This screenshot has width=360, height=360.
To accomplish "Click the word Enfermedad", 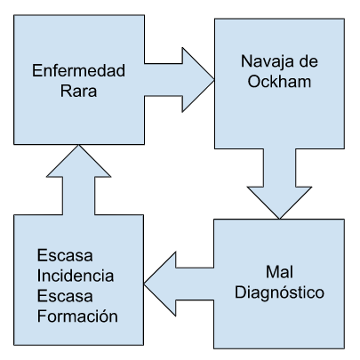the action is click(78, 70).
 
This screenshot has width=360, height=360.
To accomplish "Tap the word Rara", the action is click(78, 91).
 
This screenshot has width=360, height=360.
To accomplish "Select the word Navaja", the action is click(265, 62).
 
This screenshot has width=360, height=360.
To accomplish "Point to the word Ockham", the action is click(279, 81).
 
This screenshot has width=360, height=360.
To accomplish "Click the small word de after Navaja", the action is click(308, 61).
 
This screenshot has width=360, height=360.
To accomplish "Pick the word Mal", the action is click(279, 272).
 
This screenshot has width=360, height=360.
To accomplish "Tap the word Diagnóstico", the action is click(279, 292).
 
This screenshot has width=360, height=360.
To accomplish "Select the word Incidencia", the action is click(76, 276).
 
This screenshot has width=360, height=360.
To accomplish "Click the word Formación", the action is click(77, 316).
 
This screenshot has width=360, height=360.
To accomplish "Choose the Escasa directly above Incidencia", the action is click(65, 255).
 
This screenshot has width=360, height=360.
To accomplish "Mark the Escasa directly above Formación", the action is click(65, 296).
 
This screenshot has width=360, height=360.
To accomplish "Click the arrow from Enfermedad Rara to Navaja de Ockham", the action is click(179, 80).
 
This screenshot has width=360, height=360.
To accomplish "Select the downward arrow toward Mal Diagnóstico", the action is click(279, 184).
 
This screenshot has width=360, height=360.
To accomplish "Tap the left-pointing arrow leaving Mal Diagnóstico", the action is click(179, 284).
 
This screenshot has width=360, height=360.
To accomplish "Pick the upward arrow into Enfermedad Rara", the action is click(78, 180).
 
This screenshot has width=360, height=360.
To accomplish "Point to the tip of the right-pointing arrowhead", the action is click(214, 80).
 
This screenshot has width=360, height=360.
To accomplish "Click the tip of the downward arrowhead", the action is click(279, 219).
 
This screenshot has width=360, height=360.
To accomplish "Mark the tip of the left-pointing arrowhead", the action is click(144, 284).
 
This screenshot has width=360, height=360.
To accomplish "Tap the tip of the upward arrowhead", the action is click(78, 145).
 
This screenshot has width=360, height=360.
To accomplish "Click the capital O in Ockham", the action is click(253, 81).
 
